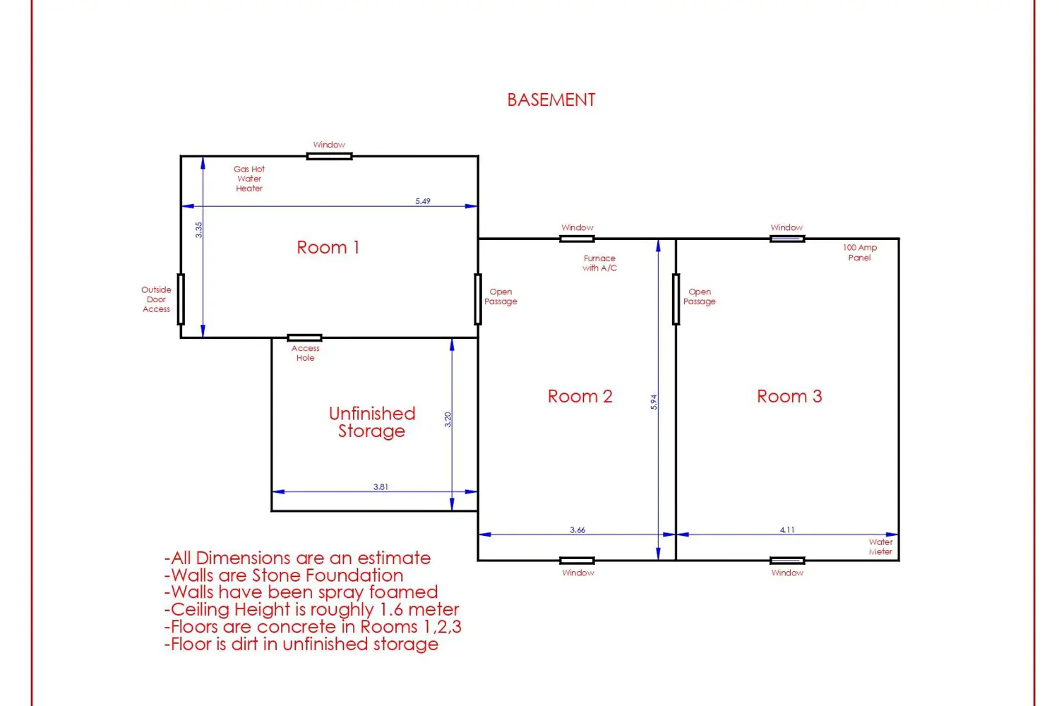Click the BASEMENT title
[x=551, y=100]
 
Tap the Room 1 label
[x=328, y=247]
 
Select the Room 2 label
[x=580, y=396]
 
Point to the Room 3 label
[x=789, y=396]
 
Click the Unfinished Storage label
[x=371, y=422]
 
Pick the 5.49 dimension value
[x=423, y=201]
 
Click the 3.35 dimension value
[x=198, y=230]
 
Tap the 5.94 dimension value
[x=653, y=402]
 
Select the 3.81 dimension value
[x=381, y=486]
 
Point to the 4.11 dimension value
[x=787, y=529]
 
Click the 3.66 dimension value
[x=578, y=529]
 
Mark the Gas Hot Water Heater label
[x=249, y=179]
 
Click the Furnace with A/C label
[x=599, y=263]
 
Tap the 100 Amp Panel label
[x=859, y=253]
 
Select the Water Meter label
[x=880, y=546]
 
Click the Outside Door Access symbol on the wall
[x=181, y=299]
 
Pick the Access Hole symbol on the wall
[x=304, y=337]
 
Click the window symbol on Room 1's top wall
[x=329, y=156]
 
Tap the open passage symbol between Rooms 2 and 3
[x=676, y=299]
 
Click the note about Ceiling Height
[x=311, y=609]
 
